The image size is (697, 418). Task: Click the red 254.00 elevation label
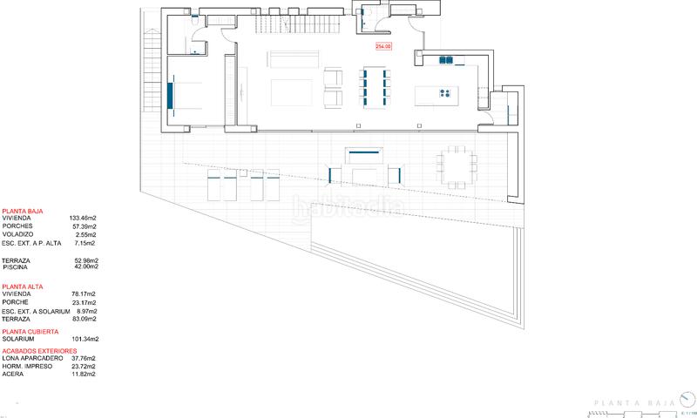384,47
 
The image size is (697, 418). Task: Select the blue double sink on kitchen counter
447,60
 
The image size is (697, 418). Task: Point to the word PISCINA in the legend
17,268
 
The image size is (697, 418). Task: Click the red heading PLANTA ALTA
22,287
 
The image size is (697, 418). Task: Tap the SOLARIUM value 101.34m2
84,339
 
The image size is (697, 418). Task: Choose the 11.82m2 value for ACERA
85,374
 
